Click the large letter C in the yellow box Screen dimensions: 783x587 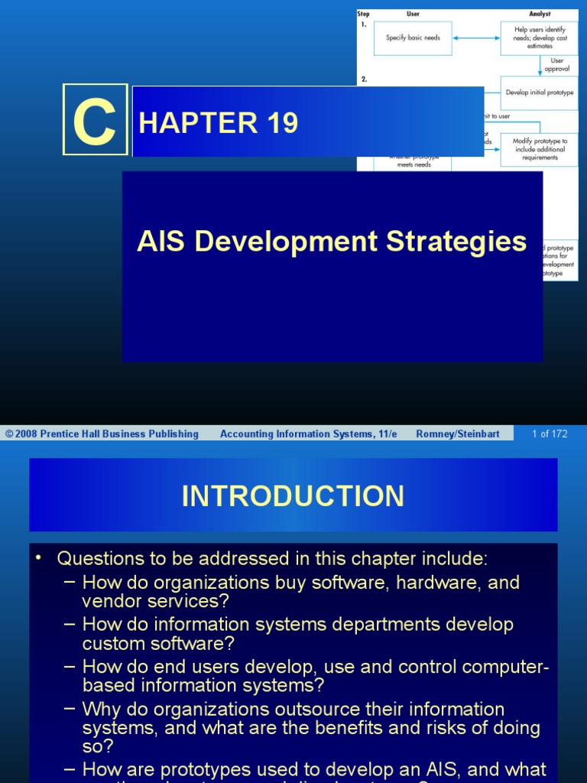pyautogui.click(x=95, y=120)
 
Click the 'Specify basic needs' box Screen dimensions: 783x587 pyautogui.click(x=413, y=38)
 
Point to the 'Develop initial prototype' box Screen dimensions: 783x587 pyautogui.click(x=539, y=93)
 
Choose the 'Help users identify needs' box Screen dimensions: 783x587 pyautogui.click(x=539, y=38)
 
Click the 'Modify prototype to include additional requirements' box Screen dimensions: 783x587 pyautogui.click(x=539, y=149)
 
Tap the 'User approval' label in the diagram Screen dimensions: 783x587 pyautogui.click(x=557, y=65)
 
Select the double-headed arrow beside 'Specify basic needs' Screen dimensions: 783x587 pyautogui.click(x=476, y=37)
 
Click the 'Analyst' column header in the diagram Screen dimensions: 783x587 pyautogui.click(x=540, y=14)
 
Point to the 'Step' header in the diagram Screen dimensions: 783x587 pyautogui.click(x=364, y=14)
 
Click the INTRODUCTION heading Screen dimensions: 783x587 pyautogui.click(x=293, y=495)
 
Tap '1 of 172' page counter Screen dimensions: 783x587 pyautogui.click(x=550, y=434)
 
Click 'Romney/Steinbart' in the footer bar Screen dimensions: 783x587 pyautogui.click(x=458, y=434)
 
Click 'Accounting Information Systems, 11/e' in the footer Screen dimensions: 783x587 pyautogui.click(x=309, y=434)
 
